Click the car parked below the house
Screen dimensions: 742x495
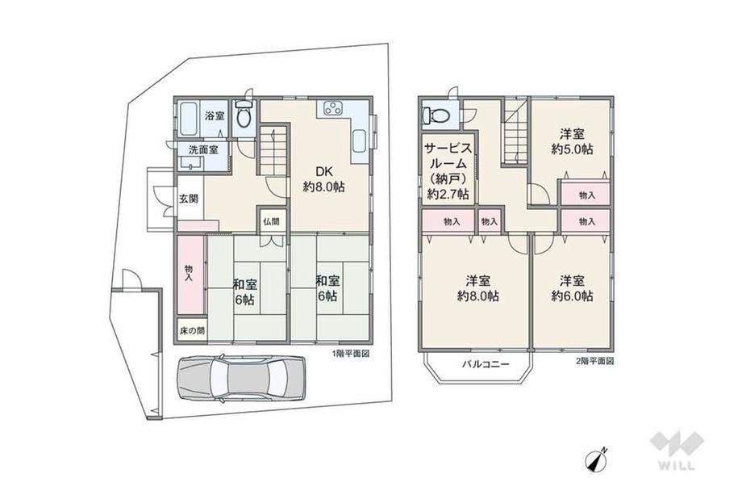(x=241, y=379)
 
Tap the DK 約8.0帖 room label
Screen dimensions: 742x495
(x=323, y=178)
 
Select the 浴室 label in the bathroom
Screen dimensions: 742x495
(x=215, y=115)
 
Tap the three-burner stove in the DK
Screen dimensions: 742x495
(x=332, y=108)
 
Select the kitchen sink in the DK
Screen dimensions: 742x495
(x=359, y=141)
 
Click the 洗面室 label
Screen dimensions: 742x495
(x=203, y=149)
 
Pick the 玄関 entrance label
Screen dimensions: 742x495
(x=189, y=199)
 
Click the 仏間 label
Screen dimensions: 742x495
(x=272, y=221)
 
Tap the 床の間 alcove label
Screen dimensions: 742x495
(x=192, y=330)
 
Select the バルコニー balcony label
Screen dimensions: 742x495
(x=486, y=364)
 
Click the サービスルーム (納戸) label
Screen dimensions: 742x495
(x=448, y=171)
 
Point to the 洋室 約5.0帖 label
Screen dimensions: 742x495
(x=572, y=141)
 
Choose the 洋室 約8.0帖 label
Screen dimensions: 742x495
(x=478, y=288)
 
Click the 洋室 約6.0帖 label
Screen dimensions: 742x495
(x=572, y=288)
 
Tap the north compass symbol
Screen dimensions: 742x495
(x=597, y=459)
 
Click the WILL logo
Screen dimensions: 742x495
(x=677, y=451)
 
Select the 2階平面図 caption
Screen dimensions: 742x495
(x=594, y=362)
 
